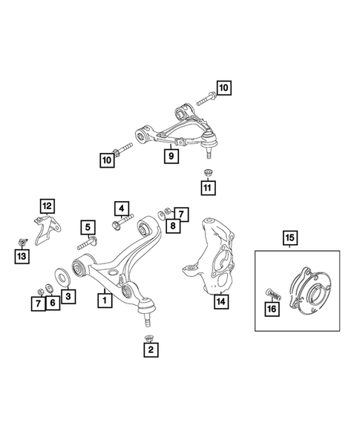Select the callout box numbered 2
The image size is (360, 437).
[x=151, y=349]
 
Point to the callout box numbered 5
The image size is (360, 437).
[x=88, y=228]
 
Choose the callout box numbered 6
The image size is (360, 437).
[x=52, y=302]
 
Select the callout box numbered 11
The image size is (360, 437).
[x=207, y=189]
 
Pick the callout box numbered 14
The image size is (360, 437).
[x=219, y=302]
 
